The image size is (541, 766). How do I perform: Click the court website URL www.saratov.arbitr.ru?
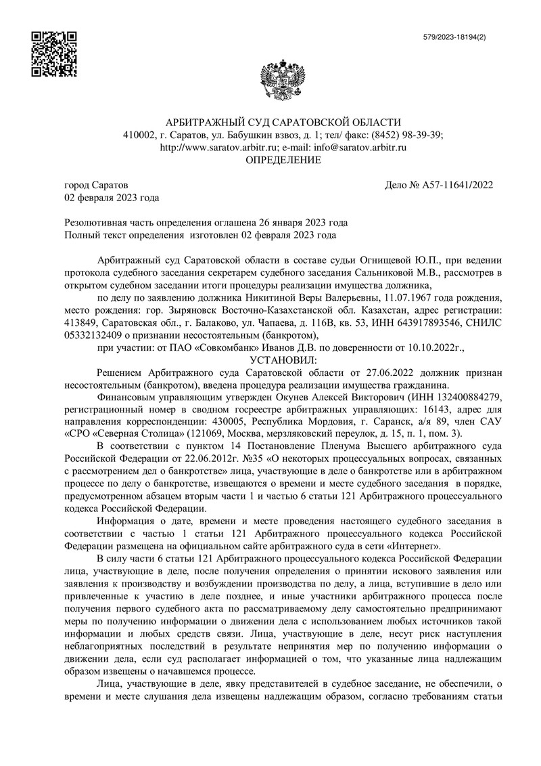219,147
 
